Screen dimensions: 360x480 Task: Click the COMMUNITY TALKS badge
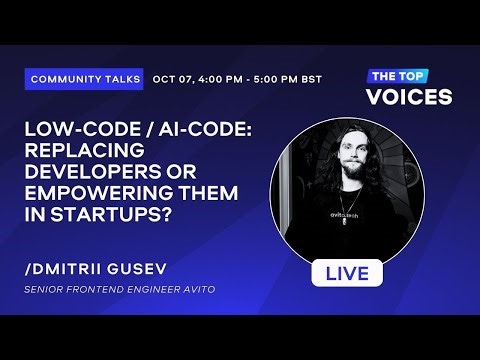[x=84, y=78]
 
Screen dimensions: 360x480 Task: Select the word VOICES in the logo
[x=408, y=97]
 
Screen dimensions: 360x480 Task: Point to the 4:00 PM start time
[x=219, y=78]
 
